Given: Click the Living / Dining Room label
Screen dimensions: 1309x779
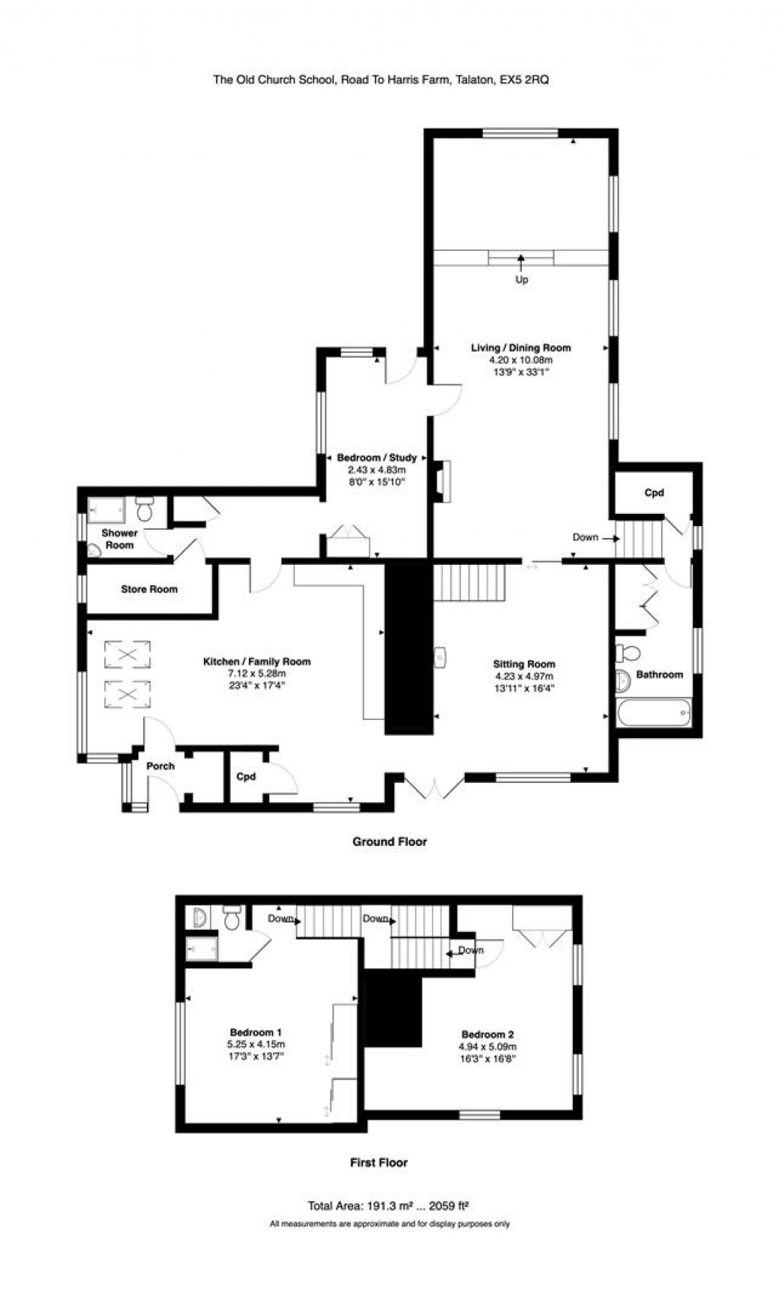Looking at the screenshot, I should point(520,348).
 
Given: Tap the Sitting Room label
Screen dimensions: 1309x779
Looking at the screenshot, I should point(524,664).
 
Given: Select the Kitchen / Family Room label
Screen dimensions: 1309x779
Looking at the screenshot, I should point(256,662).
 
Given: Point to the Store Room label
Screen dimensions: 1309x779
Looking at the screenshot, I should point(149,589).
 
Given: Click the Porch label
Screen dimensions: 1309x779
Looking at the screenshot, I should point(161,766).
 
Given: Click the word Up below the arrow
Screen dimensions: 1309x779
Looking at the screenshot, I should point(521,280).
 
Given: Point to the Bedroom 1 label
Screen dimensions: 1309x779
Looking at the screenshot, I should point(256,1032).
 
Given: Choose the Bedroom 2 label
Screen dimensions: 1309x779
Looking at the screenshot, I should point(488,1035).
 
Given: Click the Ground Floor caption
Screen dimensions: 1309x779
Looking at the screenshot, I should point(389,841).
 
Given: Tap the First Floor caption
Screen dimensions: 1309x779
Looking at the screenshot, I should point(379,1162).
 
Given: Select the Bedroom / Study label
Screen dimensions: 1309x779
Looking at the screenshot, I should point(377,458).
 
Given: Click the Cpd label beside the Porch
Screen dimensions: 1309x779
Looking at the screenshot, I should point(246,777).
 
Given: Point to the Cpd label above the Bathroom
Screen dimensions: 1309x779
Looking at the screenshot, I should point(654,493).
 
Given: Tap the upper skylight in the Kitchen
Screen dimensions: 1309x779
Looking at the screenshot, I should point(127,654).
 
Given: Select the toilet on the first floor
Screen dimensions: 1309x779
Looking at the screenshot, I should point(233,918).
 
